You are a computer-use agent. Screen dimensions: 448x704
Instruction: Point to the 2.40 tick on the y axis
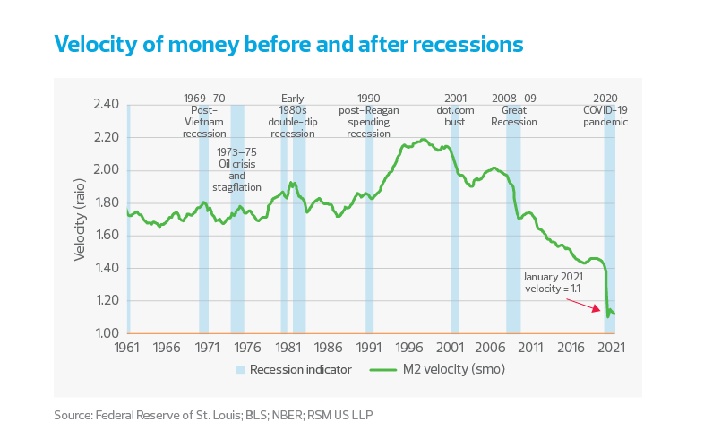[x=106, y=105]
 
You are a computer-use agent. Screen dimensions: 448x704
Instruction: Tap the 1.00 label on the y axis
[x=106, y=333]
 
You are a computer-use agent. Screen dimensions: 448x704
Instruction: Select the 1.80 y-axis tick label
[x=106, y=202]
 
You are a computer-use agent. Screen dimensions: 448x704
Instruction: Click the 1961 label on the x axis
[x=125, y=348]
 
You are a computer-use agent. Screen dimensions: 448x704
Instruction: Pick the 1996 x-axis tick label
[x=408, y=348]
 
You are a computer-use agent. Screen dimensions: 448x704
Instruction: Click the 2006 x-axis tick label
[x=489, y=348]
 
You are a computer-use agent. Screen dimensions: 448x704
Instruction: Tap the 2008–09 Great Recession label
[x=513, y=109]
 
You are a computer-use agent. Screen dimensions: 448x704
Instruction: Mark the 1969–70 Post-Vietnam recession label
[x=204, y=116]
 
